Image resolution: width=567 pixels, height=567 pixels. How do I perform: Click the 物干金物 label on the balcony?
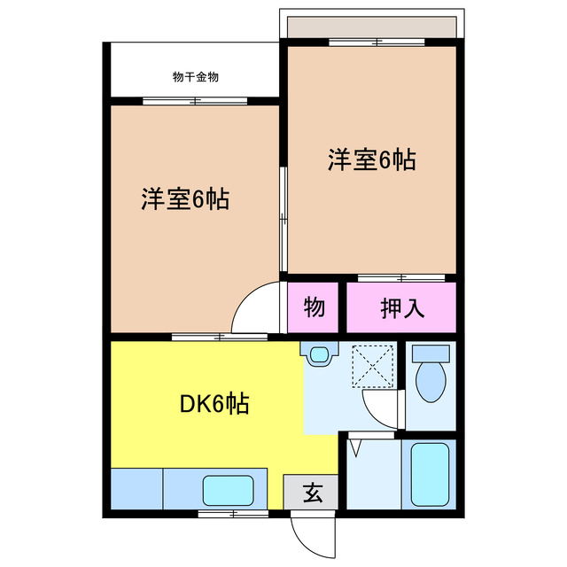(x=196, y=77)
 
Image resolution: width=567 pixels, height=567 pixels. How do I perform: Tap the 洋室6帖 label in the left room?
(x=184, y=199)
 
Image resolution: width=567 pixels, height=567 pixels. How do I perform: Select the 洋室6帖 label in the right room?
(x=372, y=159)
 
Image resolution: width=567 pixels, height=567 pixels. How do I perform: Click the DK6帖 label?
(x=214, y=405)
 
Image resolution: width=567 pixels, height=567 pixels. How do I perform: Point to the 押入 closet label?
(x=402, y=308)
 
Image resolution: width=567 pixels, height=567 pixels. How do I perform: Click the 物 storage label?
(x=315, y=308)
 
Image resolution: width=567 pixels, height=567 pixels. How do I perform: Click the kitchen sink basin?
(x=228, y=490)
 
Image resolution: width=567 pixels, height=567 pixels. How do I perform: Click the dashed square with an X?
(x=372, y=366)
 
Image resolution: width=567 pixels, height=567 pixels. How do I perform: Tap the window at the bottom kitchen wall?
(x=232, y=513)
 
